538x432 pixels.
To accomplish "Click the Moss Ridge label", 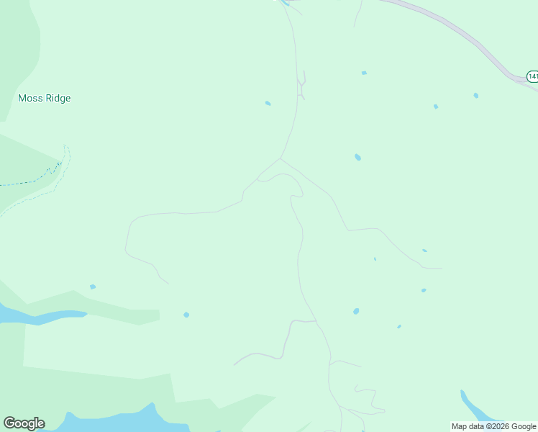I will click(x=45, y=98).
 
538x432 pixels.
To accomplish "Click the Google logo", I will click(x=24, y=423).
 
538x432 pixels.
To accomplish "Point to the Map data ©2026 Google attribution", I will click(x=493, y=426).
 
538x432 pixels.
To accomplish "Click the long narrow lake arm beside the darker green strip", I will click(x=43, y=315).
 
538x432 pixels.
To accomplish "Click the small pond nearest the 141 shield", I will click(x=476, y=95).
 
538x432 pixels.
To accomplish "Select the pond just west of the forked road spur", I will click(x=268, y=103).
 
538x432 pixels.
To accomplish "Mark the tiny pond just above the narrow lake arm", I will click(x=93, y=287).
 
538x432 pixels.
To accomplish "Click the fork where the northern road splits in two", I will click(x=281, y=158).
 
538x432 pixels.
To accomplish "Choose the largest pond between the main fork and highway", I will click(x=357, y=157).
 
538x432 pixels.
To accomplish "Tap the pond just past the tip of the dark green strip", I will click(x=186, y=315).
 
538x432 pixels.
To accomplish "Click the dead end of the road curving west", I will click(x=168, y=282).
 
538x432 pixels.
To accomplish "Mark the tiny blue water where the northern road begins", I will click(x=285, y=2).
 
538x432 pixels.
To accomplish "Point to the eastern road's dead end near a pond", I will click(x=440, y=268).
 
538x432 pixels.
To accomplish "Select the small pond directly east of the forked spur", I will click(x=364, y=73).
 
